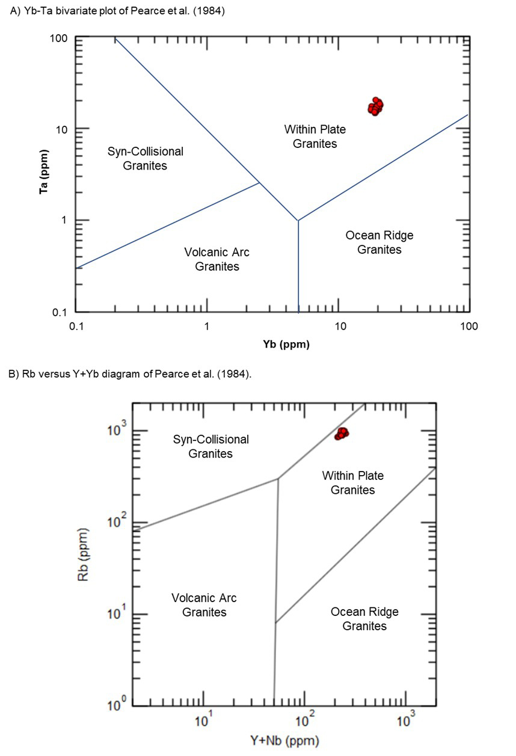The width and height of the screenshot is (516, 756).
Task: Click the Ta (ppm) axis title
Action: point(43,171)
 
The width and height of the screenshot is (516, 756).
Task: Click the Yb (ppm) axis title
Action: point(286,344)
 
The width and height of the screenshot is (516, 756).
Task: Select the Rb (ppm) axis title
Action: point(83,554)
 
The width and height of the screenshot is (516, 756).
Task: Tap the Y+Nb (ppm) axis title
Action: point(284,740)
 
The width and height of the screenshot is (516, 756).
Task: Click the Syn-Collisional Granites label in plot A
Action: point(145,158)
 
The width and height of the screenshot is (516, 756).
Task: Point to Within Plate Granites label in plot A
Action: point(315,137)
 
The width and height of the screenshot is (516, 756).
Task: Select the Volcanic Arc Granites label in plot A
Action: point(217,259)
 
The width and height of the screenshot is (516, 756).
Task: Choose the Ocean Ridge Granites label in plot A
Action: point(379,242)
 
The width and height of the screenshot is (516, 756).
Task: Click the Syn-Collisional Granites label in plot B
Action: point(211,446)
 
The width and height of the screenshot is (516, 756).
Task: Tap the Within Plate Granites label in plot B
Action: point(352,482)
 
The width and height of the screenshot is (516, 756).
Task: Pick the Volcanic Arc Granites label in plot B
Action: point(204,605)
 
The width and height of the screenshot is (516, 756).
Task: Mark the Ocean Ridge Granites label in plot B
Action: point(364,619)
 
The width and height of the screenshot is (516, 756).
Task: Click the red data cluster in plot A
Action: point(375,106)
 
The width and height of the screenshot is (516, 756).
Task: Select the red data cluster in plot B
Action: point(342,434)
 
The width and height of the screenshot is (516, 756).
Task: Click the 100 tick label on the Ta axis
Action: point(59,38)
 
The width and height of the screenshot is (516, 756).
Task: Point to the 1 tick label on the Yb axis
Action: point(206,327)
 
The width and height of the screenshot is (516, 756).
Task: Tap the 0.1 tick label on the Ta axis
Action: point(60,312)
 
